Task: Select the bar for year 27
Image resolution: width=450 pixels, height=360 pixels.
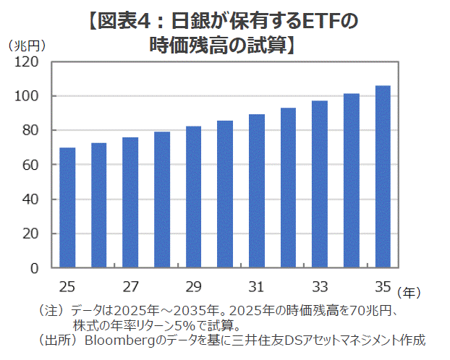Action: (130, 202)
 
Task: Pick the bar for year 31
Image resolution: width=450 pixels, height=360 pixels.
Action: (257, 191)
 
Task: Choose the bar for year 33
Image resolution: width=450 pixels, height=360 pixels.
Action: (320, 184)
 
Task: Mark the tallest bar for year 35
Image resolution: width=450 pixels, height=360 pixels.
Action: (383, 177)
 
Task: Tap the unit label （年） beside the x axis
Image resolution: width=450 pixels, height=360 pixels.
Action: (409, 293)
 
